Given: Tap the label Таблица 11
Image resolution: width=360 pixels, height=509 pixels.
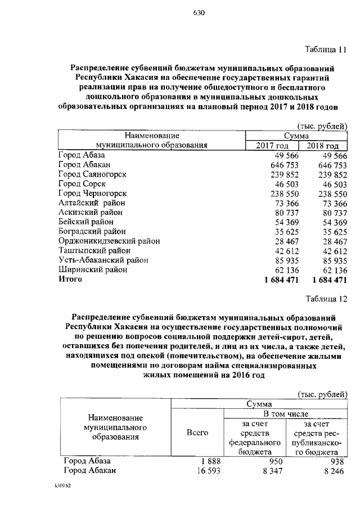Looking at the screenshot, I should coord(325,49).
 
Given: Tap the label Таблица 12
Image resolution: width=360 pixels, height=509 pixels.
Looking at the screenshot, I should coord(325,298).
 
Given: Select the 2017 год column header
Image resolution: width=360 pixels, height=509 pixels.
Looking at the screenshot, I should coord(272,146).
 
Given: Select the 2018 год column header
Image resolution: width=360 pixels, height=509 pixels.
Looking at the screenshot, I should coord(327,146).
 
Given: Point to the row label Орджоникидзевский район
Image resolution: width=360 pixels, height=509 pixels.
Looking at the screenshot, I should coord(109,241).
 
